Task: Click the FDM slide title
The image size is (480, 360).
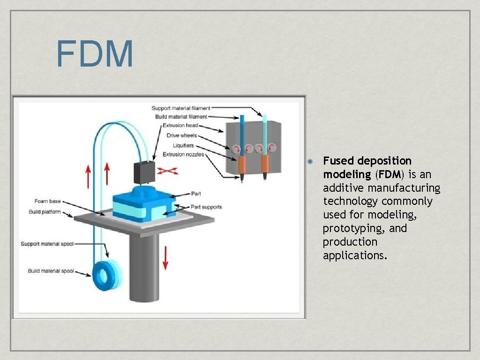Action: pyautogui.click(x=95, y=54)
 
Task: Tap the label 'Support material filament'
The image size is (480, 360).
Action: pyautogui.click(x=181, y=108)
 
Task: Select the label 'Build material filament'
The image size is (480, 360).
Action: pyautogui.click(x=181, y=117)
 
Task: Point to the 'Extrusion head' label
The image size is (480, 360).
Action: pyautogui.click(x=180, y=126)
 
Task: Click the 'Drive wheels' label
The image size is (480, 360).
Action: pyautogui.click(x=182, y=135)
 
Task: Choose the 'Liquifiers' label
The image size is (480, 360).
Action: pyautogui.click(x=183, y=145)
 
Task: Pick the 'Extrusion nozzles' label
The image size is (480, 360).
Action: pyautogui.click(x=183, y=154)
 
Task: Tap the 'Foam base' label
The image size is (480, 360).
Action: pyautogui.click(x=47, y=202)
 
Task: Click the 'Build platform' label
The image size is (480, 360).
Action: pyautogui.click(x=45, y=212)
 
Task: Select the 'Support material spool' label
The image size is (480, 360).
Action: pyautogui.click(x=47, y=244)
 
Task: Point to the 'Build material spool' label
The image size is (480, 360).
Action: pyautogui.click(x=51, y=271)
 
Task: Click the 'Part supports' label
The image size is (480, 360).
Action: pyautogui.click(x=206, y=207)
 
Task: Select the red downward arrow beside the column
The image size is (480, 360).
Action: pyautogui.click(x=165, y=257)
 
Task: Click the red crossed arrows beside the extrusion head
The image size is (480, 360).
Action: pyautogui.click(x=168, y=171)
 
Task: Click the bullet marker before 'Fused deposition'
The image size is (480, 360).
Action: pyautogui.click(x=310, y=161)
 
